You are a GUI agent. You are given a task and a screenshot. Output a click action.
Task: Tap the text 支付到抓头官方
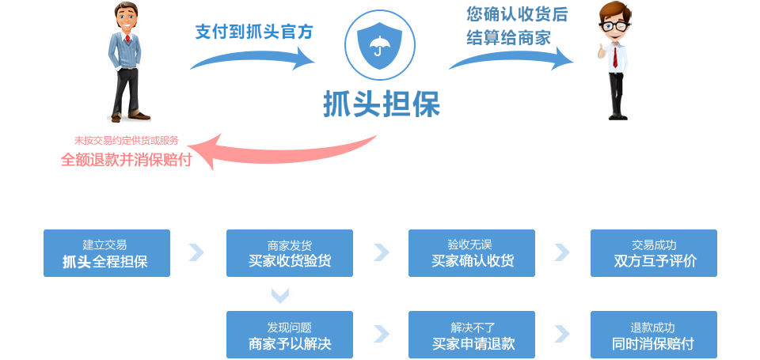pos(253,32)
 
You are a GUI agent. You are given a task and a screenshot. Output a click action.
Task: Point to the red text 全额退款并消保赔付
pos(126,159)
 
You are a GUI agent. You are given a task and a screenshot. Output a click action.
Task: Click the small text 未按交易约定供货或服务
pos(126,141)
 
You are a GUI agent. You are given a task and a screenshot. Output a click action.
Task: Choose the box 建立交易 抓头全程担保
pos(107,253)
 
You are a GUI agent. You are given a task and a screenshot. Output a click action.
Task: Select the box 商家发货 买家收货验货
pos(290,253)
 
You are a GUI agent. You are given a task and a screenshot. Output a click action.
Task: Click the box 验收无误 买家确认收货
pos(472,253)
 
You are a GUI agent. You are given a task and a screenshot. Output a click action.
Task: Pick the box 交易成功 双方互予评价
pos(654,253)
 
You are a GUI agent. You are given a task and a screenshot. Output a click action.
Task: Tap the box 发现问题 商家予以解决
pos(290,335)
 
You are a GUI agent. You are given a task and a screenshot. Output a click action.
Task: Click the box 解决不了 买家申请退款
pos(472,335)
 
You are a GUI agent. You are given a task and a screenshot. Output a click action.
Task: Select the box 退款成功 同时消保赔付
pos(654,335)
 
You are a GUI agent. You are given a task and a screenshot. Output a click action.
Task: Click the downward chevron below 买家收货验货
pos(280,295)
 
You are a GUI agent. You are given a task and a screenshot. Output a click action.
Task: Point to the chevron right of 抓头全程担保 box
pos(196,252)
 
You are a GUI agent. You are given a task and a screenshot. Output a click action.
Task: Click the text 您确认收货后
pos(517,13)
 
